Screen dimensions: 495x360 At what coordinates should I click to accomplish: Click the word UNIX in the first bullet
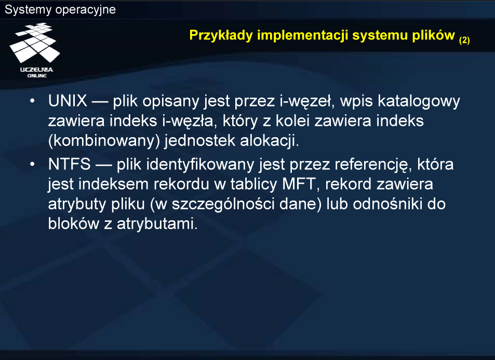pos(68,101)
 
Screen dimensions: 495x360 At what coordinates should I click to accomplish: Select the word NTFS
pos(70,164)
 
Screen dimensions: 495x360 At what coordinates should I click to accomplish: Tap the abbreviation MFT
pos(299,184)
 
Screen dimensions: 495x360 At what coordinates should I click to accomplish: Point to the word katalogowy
pos(419,102)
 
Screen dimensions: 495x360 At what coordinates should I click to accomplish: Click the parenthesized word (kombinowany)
pos(104,141)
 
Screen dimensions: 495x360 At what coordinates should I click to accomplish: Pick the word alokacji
pos(269,141)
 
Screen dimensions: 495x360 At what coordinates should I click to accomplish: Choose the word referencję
pos(373,165)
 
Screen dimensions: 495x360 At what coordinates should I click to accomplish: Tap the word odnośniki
pos(387,204)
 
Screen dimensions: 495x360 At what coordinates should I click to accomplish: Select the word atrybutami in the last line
pos(157,223)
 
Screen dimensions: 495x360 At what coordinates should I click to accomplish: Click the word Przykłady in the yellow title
pos(221,35)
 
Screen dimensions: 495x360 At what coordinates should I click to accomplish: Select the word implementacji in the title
pos(302,35)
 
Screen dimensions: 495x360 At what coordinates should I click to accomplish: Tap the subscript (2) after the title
pos(464,40)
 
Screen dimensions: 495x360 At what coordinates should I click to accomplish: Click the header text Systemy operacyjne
pos(60,9)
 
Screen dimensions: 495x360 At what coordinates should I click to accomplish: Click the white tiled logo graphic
pos(34,43)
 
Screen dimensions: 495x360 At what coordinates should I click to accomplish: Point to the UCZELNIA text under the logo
pos(37,70)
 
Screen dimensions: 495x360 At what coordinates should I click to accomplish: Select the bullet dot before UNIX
pos(32,101)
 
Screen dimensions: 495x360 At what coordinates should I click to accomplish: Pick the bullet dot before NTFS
pos(32,165)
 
